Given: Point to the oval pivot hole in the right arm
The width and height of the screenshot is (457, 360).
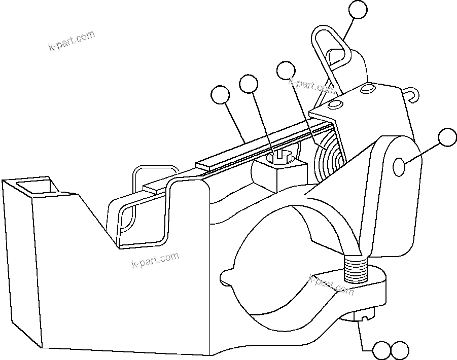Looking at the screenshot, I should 399,166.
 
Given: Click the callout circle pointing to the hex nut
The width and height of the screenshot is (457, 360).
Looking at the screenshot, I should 249,84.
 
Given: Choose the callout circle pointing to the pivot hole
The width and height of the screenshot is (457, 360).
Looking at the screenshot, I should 447,137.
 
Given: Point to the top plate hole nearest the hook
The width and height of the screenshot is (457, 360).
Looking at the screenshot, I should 367,89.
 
